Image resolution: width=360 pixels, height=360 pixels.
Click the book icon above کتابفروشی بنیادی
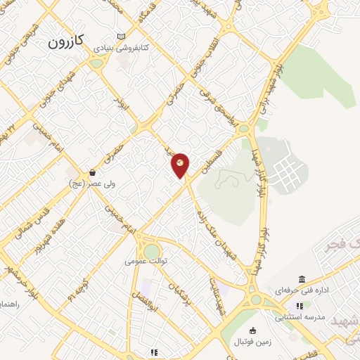pos(122,36)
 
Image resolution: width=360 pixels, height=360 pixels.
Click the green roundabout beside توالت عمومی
pos(152,251)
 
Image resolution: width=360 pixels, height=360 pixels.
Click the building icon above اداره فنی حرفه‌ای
pos(302,280)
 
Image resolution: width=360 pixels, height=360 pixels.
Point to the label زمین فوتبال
pos(255,342)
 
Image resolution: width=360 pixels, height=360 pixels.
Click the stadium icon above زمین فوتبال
pos(254,331)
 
